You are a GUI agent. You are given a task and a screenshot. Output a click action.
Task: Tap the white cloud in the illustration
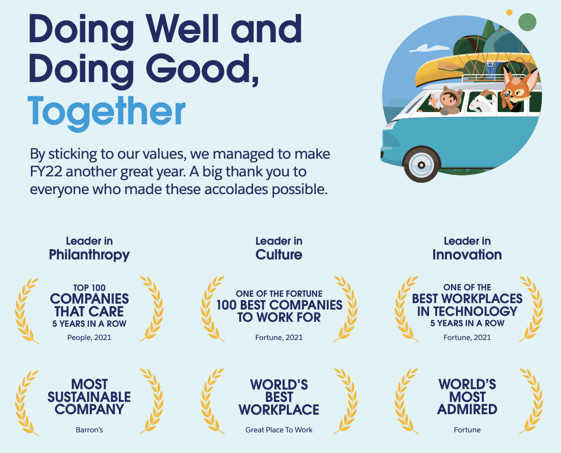(x=425, y=48)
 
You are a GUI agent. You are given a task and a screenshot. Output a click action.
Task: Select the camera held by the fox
(x=506, y=94)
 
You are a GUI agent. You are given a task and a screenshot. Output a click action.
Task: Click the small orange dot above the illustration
(x=509, y=12)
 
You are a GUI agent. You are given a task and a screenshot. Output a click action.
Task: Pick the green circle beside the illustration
(x=527, y=22)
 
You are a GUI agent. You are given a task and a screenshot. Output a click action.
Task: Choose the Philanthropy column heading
(x=89, y=255)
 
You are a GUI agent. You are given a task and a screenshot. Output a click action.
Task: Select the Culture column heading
(x=279, y=255)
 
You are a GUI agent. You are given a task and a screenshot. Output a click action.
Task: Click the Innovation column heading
(x=467, y=255)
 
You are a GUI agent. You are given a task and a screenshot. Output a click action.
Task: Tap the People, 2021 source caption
(x=89, y=338)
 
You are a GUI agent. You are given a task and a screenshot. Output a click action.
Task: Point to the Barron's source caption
(x=89, y=430)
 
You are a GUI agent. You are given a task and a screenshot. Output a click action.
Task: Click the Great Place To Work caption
(x=279, y=430)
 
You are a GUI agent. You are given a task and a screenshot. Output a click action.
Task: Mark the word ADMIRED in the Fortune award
(x=467, y=409)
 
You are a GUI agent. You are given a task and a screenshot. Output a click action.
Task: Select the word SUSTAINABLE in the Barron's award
(x=89, y=397)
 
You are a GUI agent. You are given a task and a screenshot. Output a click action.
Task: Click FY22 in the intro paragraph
(x=47, y=171)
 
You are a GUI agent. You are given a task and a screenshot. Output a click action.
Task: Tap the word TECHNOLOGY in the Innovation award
(x=467, y=311)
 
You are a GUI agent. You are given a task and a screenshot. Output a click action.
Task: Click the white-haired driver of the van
(x=433, y=102)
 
